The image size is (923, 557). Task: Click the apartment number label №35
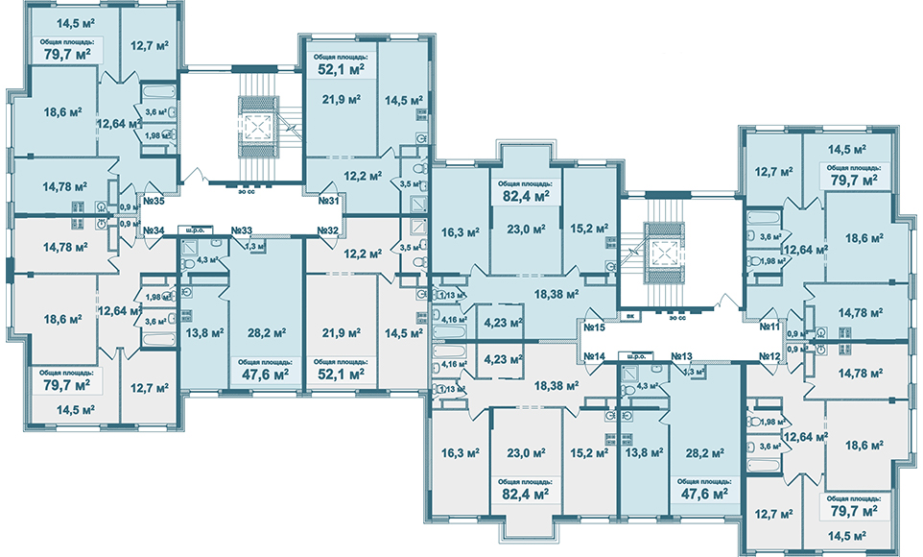point(154,202)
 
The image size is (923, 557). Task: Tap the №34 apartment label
point(154,230)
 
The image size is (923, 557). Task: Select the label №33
point(241,230)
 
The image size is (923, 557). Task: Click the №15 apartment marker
point(592,327)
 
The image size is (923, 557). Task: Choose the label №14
point(592,356)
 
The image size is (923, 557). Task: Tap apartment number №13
point(682,356)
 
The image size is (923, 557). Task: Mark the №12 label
point(769,356)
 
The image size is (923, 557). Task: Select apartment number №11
point(769,327)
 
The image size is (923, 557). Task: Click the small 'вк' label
point(629,315)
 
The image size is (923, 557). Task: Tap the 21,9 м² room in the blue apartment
point(342,99)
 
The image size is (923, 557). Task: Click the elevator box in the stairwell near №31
point(256,127)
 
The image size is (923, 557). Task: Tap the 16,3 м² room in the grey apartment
point(454,451)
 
